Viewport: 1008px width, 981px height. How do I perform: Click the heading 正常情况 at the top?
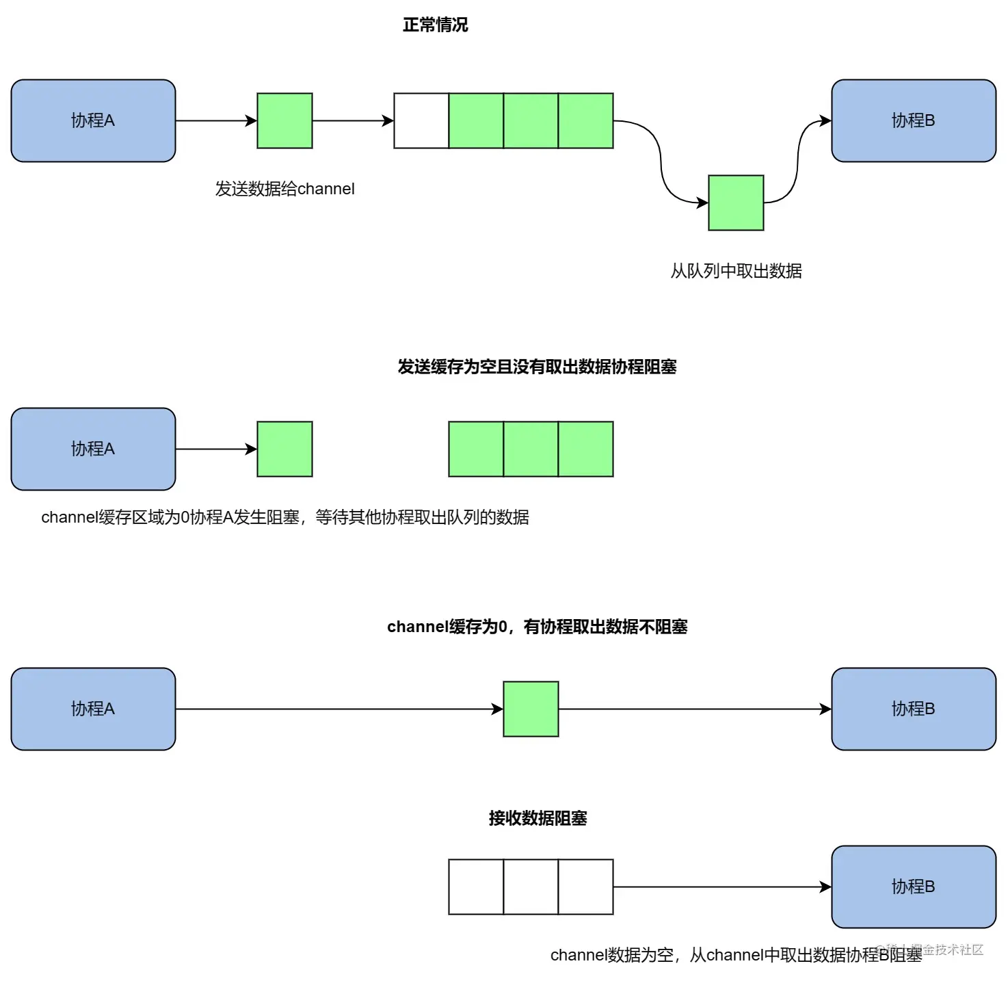[x=435, y=25]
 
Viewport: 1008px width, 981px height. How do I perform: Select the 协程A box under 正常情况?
[x=93, y=121]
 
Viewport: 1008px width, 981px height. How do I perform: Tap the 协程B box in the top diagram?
[x=913, y=121]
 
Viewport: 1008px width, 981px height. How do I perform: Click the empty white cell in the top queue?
[x=421, y=121]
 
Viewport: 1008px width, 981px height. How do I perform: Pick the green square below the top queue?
[x=736, y=202]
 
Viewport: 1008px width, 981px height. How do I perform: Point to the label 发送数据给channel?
[x=284, y=189]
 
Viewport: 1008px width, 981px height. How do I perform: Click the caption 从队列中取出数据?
[x=736, y=271]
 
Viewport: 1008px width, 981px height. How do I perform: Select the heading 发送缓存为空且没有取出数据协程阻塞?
[x=537, y=367]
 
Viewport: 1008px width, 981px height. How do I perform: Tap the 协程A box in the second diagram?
[x=93, y=449]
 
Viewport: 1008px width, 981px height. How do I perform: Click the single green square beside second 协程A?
[x=284, y=449]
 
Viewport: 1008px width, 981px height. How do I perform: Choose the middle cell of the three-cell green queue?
[x=531, y=449]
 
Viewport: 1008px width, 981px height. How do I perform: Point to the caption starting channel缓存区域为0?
[x=284, y=517]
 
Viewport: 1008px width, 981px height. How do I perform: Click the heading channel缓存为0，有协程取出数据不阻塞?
[x=537, y=627]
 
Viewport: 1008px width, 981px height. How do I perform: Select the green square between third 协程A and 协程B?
[x=531, y=709]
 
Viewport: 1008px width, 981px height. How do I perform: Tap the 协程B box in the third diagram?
[x=913, y=709]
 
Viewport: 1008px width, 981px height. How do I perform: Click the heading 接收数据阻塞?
[x=538, y=818]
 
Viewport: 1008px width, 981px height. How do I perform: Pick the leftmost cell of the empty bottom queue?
[x=476, y=887]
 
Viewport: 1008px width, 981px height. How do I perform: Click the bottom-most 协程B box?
[x=913, y=887]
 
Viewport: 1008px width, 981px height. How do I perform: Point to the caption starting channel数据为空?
[x=736, y=955]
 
